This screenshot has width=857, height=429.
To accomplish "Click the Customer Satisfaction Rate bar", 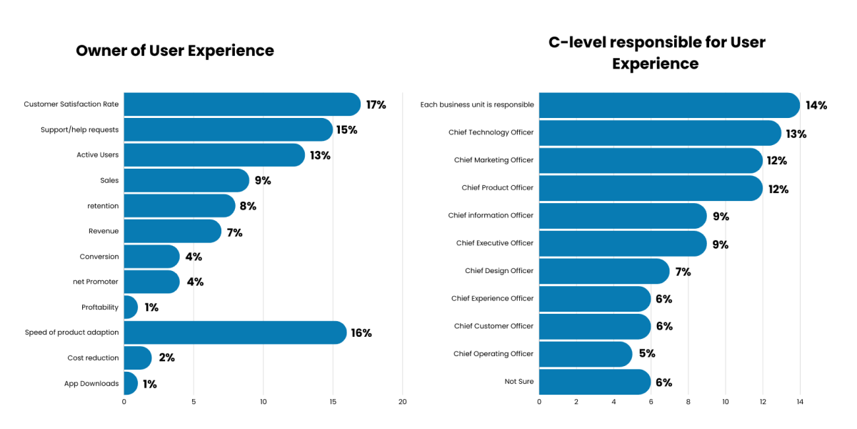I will click(241, 104).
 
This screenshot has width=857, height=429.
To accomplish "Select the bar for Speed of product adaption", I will click(234, 332).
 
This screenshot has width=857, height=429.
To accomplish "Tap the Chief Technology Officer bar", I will click(660, 133).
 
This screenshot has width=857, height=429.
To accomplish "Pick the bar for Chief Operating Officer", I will click(585, 354).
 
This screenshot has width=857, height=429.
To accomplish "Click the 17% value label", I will click(376, 105).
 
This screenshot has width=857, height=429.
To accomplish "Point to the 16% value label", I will click(361, 333).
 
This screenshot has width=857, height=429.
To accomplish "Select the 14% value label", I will click(816, 106).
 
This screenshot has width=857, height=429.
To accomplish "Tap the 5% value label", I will click(646, 354).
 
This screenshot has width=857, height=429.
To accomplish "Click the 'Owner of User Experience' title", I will click(175, 51).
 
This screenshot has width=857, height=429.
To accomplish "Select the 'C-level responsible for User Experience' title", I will click(656, 53).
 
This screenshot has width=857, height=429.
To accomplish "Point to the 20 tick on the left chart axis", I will click(403, 402).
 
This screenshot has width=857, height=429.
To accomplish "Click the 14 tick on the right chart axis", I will click(800, 402).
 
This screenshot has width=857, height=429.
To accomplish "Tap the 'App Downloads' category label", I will click(91, 384).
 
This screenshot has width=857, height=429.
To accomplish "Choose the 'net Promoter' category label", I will click(96, 282).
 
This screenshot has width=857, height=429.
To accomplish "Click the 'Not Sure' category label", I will click(518, 382).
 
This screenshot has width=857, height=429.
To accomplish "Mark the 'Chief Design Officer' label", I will click(498, 271).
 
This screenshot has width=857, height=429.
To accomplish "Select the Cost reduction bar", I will click(137, 358).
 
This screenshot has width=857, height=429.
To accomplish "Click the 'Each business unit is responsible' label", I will click(476, 105).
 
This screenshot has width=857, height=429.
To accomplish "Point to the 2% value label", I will click(166, 358).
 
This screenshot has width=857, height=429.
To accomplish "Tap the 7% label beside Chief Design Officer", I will click(683, 272).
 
